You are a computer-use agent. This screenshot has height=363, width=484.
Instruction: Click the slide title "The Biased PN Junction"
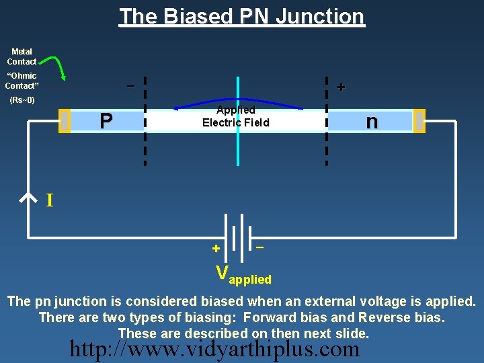click(242, 16)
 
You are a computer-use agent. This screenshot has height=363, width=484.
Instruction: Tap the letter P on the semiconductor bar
click(106, 121)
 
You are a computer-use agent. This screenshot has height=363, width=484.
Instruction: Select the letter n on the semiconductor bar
click(371, 121)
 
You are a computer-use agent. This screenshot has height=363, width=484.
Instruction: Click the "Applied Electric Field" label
click(235, 116)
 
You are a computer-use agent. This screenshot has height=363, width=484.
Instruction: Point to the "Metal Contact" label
click(22, 56)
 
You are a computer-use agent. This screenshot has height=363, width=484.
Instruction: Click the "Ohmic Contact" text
click(22, 81)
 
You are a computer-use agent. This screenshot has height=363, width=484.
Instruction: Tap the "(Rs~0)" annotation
click(22, 101)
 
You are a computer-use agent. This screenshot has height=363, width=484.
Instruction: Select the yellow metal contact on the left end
click(65, 121)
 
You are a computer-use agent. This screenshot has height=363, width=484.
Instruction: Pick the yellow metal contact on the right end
click(419, 121)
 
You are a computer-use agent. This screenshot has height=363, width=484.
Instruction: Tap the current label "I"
click(49, 200)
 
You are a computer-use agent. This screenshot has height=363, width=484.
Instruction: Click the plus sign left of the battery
click(216, 248)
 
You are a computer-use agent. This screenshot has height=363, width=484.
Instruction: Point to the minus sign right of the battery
click(259, 247)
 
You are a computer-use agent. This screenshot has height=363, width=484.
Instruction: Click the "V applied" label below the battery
click(243, 274)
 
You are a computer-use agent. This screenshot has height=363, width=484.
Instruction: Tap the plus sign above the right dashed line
click(341, 87)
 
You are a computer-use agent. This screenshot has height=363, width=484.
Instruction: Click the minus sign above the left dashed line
click(130, 85)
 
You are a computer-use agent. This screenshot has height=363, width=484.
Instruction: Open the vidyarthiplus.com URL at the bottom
click(215, 349)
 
